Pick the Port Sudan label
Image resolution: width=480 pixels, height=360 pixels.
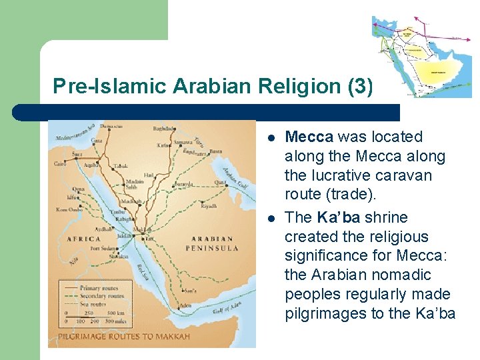103,248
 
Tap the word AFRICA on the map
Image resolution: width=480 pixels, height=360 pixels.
83,239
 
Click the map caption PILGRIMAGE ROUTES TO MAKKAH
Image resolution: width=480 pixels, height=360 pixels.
124,336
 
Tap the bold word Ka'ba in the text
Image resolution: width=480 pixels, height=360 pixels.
338,217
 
